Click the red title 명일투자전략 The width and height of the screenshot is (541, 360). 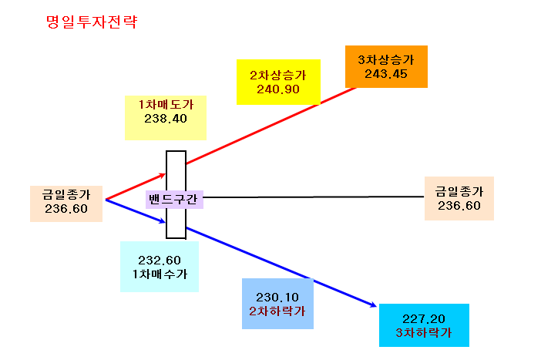tap(92, 22)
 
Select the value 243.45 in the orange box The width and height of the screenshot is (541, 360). tap(386, 74)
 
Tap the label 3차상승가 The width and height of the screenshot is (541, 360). tap(386, 59)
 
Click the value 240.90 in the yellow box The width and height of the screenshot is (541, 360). tap(278, 89)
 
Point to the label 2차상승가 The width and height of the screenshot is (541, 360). tap(278, 76)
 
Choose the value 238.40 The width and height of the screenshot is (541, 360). tap(166, 119)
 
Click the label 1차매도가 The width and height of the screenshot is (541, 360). tap(166, 104)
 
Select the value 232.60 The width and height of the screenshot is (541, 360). tap(160, 261)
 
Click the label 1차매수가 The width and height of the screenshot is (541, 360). tap(160, 274)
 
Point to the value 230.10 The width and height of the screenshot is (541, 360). tap(277, 298)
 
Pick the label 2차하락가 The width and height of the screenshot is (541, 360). tap(277, 311)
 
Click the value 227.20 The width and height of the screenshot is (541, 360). tap(424, 318)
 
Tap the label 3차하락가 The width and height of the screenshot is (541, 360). tap(424, 333)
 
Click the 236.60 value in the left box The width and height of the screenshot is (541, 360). tap(66, 209)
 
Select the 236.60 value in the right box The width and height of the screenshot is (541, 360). tap(459, 206)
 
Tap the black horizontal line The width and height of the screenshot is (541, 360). tap(314, 197)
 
